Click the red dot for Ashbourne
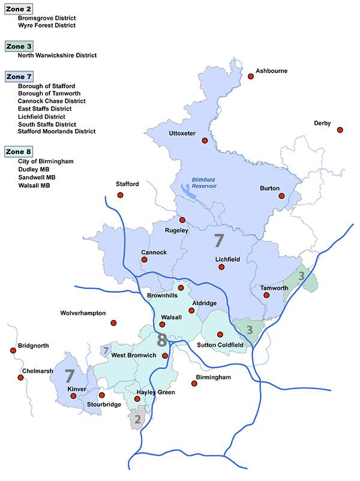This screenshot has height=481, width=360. pyautogui.click(x=251, y=76)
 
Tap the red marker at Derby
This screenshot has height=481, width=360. pyautogui.click(x=340, y=130)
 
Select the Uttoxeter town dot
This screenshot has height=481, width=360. pyautogui.click(x=205, y=140)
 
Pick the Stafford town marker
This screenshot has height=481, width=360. pyautogui.click(x=120, y=196)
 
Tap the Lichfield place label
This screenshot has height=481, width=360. pyautogui.click(x=227, y=260)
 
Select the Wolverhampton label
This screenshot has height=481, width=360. pyautogui.click(x=83, y=313)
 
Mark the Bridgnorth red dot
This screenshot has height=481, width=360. pyautogui.click(x=13, y=351)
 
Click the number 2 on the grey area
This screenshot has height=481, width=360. pyautogui.click(x=137, y=419)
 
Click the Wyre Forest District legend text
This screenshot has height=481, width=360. pyautogui.click(x=47, y=26)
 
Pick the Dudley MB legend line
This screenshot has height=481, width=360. pyautogui.click(x=34, y=170)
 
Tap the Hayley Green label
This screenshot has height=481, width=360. pyautogui.click(x=155, y=392)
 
